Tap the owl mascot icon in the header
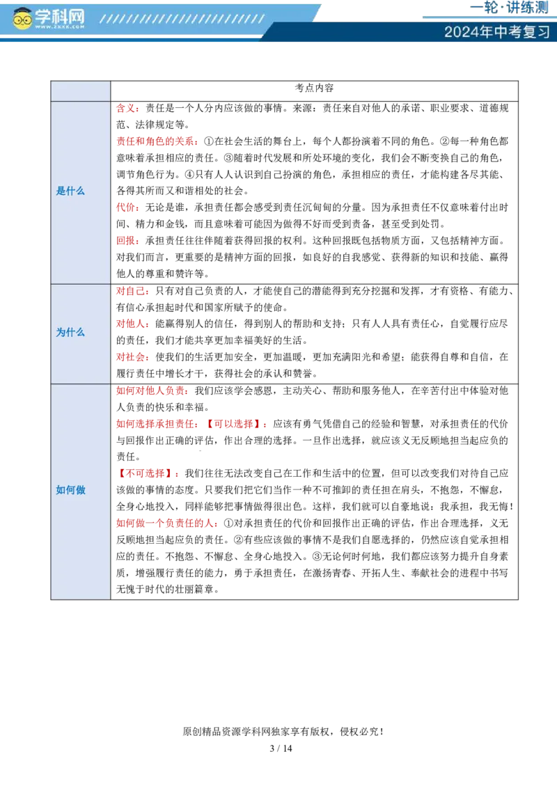pyautogui.click(x=23, y=19)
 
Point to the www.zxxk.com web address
pyautogui.click(x=60, y=27)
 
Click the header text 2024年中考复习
pyautogui.click(x=497, y=32)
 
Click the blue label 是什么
pyautogui.click(x=70, y=191)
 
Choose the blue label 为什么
pyautogui.click(x=70, y=333)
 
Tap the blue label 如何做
pyautogui.click(x=70, y=490)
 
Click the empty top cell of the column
pyautogui.click(x=81, y=91)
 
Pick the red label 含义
pyautogui.click(x=127, y=109)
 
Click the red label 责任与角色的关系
pyautogui.click(x=157, y=143)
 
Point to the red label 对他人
pyautogui.click(x=132, y=324)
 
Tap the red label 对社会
pyautogui.click(x=132, y=357)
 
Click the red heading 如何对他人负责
pyautogui.click(x=152, y=391)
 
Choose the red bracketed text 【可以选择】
pyautogui.click(x=237, y=424)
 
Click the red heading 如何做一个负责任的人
pyautogui.click(x=168, y=524)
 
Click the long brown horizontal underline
pyautogui.click(x=237, y=398)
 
